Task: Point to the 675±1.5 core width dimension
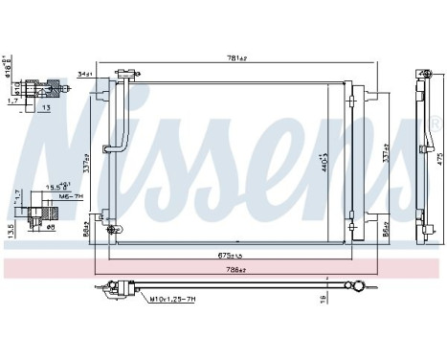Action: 228,255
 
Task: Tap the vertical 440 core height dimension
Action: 326,155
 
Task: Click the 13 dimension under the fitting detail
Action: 45,107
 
